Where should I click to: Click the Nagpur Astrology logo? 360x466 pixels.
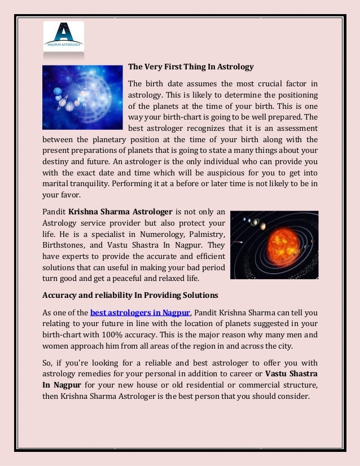click(64, 36)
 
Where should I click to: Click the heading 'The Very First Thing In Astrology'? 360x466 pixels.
click(191, 67)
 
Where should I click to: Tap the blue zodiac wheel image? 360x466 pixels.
click(82, 98)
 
